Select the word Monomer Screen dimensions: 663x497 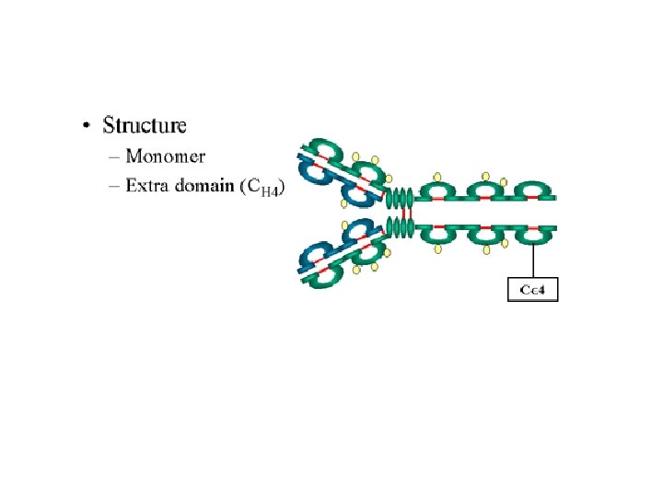tap(166, 156)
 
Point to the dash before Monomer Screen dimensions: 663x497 tap(115, 156)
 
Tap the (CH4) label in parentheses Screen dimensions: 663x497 tap(262, 187)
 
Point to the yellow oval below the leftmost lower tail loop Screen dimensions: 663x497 tap(438, 248)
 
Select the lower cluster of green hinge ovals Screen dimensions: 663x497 tap(398, 227)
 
